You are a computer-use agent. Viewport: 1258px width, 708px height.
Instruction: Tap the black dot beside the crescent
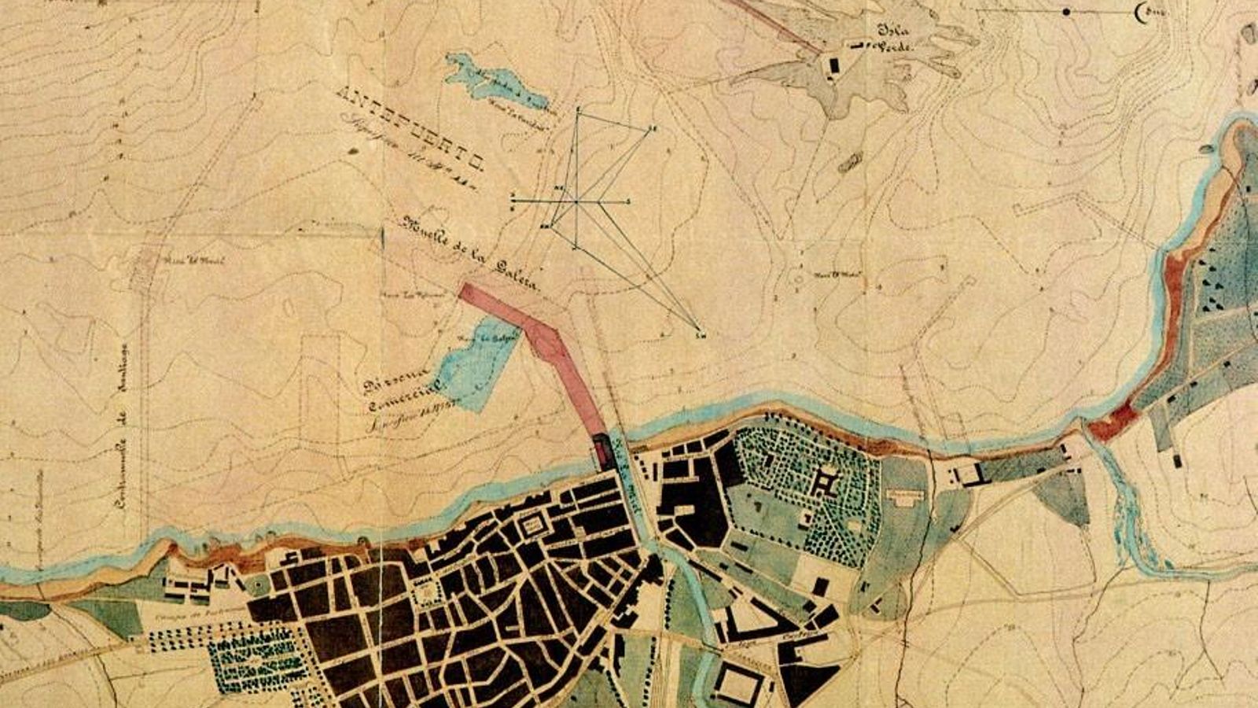pos(1067,11)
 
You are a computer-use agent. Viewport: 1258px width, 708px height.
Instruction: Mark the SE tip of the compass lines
pos(697,329)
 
